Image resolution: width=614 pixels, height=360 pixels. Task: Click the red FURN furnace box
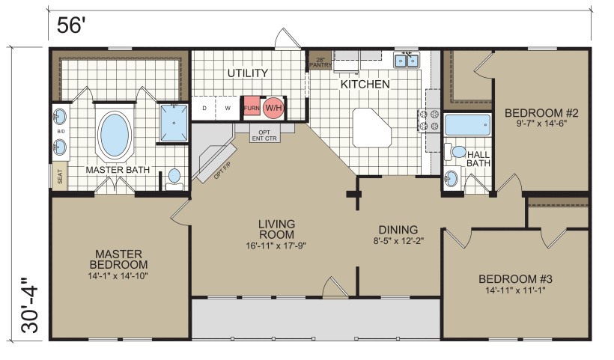(252, 108)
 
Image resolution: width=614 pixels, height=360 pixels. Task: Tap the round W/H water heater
(274, 108)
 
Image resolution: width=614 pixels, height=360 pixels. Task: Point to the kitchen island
(371, 128)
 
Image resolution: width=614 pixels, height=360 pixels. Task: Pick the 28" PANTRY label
(320, 62)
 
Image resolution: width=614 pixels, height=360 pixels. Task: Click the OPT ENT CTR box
(265, 135)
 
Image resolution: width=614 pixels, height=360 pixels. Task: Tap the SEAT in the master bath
(60, 176)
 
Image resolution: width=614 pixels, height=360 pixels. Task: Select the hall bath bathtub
(467, 124)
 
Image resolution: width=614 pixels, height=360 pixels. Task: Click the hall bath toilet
(455, 151)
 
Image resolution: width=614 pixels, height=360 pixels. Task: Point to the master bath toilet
(174, 179)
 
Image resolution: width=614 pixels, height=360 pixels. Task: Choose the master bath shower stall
(174, 123)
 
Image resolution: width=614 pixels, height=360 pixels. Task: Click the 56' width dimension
(71, 26)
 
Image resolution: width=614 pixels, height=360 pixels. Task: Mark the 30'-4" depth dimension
(30, 305)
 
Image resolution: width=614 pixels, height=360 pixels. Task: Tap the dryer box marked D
(204, 108)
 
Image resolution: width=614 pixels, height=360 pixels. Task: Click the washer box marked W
(228, 108)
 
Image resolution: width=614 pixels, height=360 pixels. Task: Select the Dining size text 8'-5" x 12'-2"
(398, 240)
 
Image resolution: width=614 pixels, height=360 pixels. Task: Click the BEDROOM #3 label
(515, 279)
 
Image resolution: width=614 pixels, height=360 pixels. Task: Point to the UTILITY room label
(248, 73)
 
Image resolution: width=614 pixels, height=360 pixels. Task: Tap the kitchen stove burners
(429, 120)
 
